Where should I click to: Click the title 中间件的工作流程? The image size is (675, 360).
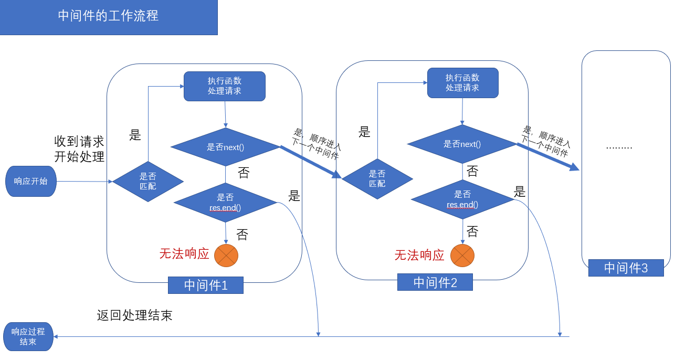(108, 16)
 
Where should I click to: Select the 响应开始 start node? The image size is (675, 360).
(31, 182)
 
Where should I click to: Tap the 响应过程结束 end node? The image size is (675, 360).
(28, 336)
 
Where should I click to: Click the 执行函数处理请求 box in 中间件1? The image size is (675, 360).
(224, 86)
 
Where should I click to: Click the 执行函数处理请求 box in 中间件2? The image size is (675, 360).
(462, 83)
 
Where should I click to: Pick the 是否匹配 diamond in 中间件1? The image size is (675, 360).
(148, 182)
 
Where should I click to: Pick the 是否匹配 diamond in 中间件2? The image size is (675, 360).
(377, 179)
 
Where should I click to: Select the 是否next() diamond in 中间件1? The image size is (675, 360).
(226, 147)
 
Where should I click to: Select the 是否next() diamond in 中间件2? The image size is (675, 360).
(462, 144)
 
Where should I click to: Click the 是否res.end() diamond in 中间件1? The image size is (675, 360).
(226, 202)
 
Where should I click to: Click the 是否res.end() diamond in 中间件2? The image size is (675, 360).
(462, 199)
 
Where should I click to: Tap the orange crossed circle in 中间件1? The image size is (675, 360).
(226, 256)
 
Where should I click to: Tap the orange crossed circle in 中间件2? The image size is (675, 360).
(462, 256)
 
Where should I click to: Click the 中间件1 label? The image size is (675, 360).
(206, 285)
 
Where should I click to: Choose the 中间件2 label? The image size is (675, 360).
(435, 282)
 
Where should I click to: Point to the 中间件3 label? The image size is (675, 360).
(626, 268)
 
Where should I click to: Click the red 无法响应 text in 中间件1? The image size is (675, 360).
(184, 254)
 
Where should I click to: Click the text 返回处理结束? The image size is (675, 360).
(134, 315)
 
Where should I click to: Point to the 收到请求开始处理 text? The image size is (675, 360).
(79, 149)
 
